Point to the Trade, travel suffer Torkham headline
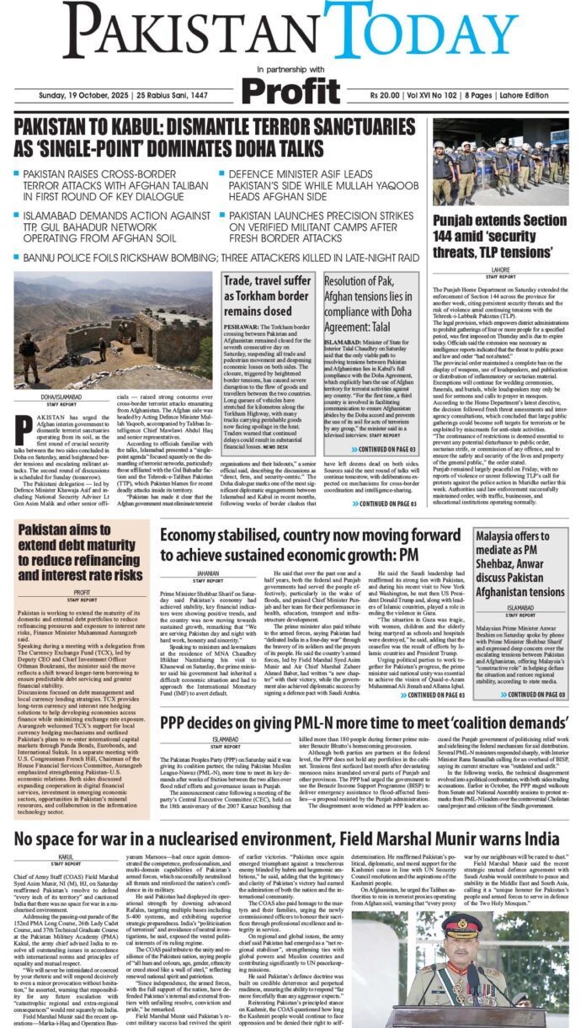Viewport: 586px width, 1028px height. (266, 294)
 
